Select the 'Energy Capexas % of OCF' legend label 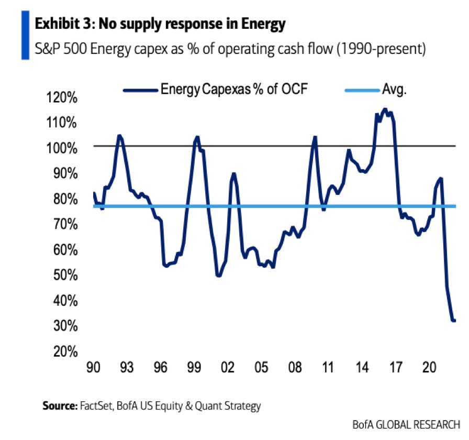tap(233, 89)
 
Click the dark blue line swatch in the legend tap(141, 90)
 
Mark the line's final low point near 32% tap(453, 321)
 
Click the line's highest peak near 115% tap(385, 109)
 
